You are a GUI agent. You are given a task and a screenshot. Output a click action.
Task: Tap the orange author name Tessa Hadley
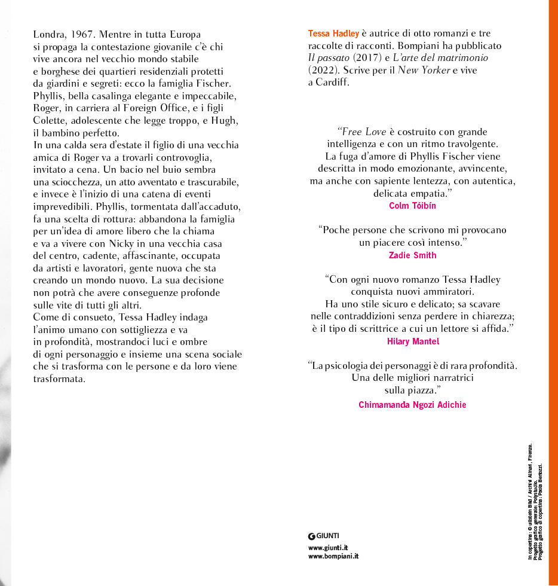333,33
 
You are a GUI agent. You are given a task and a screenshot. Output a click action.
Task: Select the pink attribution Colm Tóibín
412,206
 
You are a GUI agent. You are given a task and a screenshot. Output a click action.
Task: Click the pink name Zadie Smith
412,255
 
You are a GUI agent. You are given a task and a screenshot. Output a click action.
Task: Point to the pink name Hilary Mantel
412,341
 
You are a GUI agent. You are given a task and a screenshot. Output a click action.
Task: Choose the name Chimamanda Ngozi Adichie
412,405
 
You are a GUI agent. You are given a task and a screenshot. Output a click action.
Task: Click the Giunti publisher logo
323,536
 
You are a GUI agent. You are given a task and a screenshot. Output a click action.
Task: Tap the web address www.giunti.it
328,547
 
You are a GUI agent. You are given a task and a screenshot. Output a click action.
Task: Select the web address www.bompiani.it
333,556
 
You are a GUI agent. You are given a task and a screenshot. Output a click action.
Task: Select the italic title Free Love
364,132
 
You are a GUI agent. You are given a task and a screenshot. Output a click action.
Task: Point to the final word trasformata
59,379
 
